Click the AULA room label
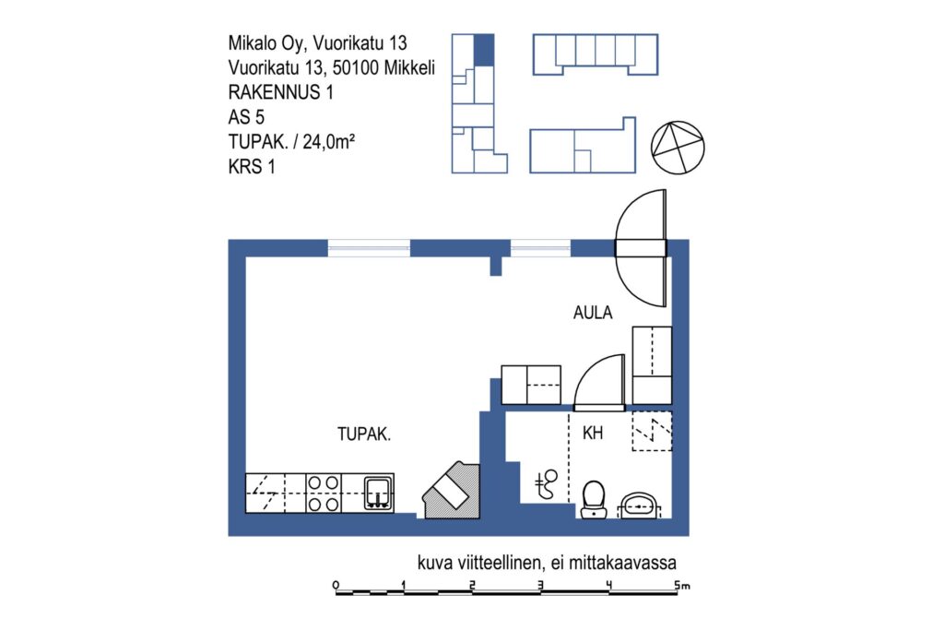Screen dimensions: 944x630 (593, 313)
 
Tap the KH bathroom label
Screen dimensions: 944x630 (593, 433)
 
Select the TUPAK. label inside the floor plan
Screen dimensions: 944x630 (363, 434)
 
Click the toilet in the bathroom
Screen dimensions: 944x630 (594, 499)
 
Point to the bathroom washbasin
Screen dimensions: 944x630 (639, 505)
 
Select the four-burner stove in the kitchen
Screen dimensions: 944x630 (324, 493)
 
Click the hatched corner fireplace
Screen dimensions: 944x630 (452, 491)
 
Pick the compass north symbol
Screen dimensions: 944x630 (678, 148)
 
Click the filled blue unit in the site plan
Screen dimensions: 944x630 (484, 50)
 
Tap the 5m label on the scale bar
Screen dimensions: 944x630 (681, 585)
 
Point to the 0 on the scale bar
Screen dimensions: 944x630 (336, 585)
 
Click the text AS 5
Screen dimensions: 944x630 (246, 117)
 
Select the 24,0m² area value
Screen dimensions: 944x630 (329, 141)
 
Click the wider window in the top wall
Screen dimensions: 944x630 (369, 248)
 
